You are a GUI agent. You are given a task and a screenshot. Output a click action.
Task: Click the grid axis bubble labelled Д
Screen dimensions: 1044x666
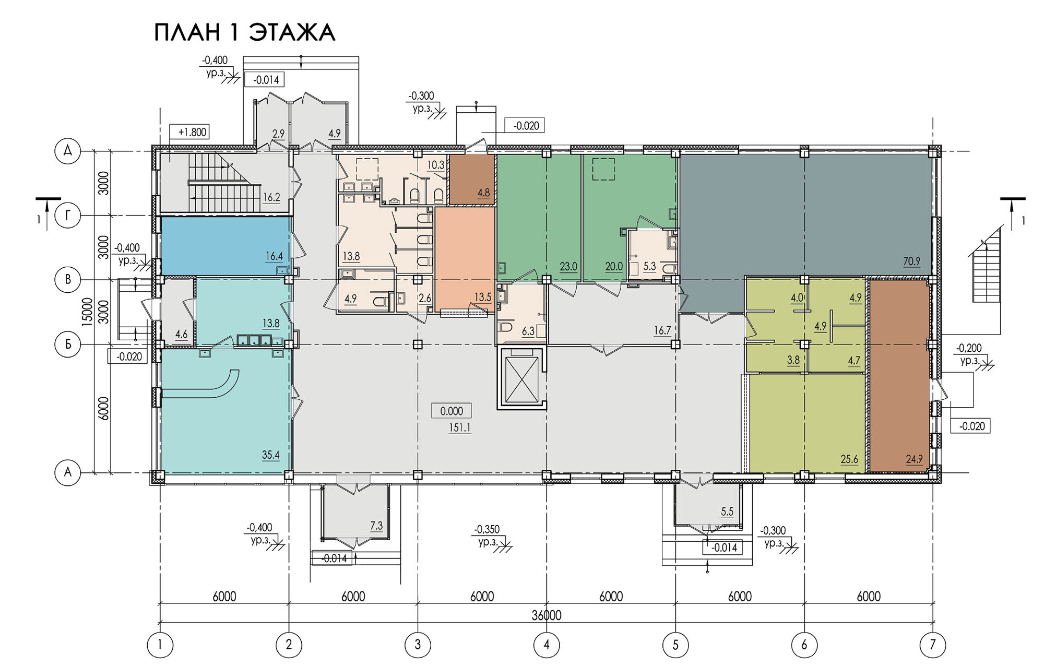[x=67, y=151]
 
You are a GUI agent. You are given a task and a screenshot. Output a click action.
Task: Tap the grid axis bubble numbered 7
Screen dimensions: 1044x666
[x=933, y=645]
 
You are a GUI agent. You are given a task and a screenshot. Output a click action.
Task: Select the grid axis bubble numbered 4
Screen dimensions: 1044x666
[x=547, y=645]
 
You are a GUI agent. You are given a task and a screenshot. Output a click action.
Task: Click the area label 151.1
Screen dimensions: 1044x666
[x=459, y=428]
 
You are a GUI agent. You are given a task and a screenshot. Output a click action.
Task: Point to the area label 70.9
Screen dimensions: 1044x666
[x=911, y=261]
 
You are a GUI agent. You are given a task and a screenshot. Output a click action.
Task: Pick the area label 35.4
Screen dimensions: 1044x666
[x=270, y=455]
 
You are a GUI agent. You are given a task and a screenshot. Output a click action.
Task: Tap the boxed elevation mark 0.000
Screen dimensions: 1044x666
[x=452, y=411]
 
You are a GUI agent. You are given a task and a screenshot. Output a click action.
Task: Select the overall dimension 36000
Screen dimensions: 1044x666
[x=547, y=615]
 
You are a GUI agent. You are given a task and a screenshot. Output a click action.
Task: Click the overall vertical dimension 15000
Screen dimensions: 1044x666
[x=87, y=312]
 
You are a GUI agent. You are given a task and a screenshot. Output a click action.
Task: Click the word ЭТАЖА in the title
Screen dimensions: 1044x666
[x=291, y=32]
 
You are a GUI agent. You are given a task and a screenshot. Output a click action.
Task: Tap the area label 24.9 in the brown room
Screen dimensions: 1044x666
[x=914, y=459]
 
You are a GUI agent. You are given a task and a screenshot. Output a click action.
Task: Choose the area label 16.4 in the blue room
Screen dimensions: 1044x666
[x=274, y=256]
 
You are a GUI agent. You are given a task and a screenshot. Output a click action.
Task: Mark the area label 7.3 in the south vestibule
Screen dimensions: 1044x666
[x=376, y=526]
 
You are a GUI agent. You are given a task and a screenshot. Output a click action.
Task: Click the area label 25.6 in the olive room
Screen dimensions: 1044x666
[x=849, y=459]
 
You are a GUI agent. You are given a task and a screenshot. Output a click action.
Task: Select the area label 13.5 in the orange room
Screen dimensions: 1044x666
[x=483, y=297]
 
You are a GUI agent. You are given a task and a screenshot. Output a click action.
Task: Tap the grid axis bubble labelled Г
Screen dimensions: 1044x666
[x=67, y=216]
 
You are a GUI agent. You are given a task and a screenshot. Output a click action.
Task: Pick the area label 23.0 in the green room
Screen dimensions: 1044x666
[x=568, y=266]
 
